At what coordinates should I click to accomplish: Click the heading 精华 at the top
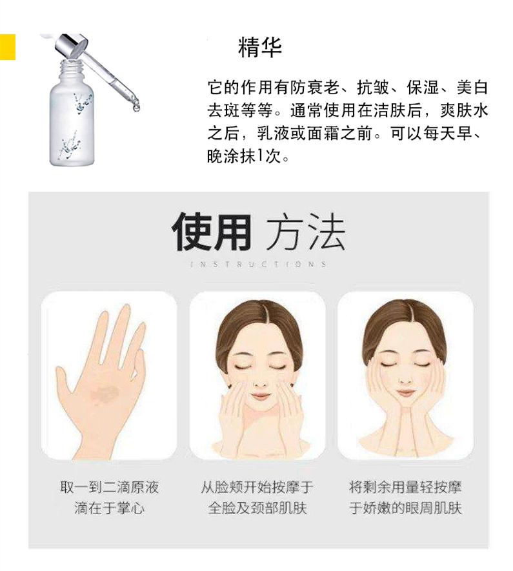pyautogui.click(x=260, y=48)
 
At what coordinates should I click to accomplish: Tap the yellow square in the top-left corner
pyautogui.click(x=7, y=45)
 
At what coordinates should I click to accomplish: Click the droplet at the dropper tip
pyautogui.click(x=136, y=108)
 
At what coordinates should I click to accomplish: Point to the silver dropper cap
pyautogui.click(x=71, y=45)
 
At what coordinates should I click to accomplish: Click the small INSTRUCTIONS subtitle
pyautogui.click(x=257, y=265)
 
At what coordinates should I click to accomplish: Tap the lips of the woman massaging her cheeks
pyautogui.click(x=260, y=395)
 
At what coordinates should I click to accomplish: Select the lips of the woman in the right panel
pyautogui.click(x=406, y=392)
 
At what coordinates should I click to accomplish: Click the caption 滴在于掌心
pyautogui.click(x=108, y=508)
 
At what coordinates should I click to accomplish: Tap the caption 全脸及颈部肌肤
pyautogui.click(x=257, y=508)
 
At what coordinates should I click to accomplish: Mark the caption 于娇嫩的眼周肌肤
pyautogui.click(x=405, y=508)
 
